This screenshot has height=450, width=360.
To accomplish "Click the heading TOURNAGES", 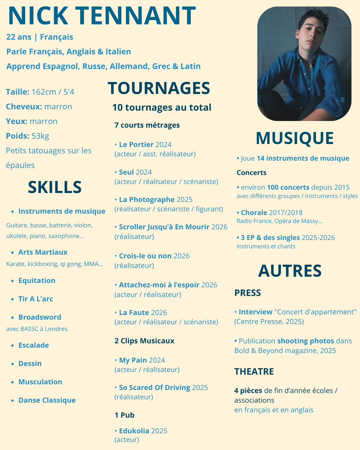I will coord(159,88).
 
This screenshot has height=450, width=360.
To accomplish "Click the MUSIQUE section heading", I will coord(295,138).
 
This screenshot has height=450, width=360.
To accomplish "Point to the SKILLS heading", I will coord(55,187).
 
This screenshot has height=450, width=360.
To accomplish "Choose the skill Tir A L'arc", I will coord(36,299).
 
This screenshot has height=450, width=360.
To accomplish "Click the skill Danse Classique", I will coord(47,400).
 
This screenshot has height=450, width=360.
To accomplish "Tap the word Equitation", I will coord(37,281).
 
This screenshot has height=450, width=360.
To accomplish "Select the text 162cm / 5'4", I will coord(53,92).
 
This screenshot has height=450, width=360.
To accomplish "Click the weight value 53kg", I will coord(40,136).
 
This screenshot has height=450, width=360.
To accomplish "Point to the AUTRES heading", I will coord(290,271).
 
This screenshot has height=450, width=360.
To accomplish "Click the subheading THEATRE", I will coord(254,372).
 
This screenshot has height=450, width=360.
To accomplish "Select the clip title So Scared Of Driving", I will coord(154,388).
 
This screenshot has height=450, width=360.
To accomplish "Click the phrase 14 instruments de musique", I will coord(303,158).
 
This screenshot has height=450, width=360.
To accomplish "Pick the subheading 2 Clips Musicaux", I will coord(144,341).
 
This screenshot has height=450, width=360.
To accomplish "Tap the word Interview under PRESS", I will coord(255,312).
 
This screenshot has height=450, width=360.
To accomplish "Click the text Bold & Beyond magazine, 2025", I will coord(285,351).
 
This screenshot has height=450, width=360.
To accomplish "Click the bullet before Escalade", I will coord(12,346).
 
